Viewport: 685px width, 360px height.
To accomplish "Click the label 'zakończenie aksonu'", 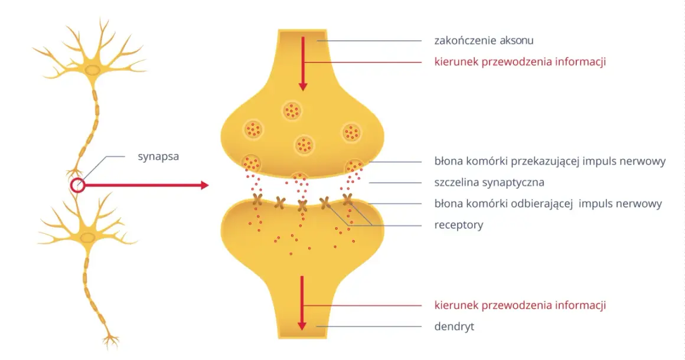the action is [x=484, y=41].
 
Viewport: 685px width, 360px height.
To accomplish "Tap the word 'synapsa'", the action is [x=158, y=156].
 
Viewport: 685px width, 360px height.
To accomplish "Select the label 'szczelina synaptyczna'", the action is [x=490, y=182].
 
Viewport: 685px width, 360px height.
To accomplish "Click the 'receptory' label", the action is [x=459, y=225].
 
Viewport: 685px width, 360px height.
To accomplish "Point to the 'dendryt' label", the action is [x=454, y=326].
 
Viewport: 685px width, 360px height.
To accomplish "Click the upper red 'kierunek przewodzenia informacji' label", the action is [x=520, y=62].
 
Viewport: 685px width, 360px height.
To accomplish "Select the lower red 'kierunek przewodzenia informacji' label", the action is [x=520, y=306].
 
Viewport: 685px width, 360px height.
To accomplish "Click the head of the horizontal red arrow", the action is [x=204, y=185].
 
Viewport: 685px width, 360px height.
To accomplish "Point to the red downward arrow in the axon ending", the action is [x=302, y=64].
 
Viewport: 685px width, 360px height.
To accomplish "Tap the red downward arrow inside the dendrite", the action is [x=302, y=303].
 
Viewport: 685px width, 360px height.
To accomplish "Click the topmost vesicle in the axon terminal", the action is [x=292, y=111].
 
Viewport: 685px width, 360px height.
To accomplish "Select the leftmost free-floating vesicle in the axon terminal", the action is [x=253, y=130].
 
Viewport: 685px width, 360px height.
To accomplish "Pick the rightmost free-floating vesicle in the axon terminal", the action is [x=352, y=133].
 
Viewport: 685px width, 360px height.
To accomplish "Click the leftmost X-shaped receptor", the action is [x=257, y=199].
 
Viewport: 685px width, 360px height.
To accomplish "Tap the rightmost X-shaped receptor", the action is [x=348, y=199].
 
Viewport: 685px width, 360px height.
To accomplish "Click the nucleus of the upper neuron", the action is [x=92, y=70].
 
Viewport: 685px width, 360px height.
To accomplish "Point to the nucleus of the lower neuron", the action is [x=88, y=238].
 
